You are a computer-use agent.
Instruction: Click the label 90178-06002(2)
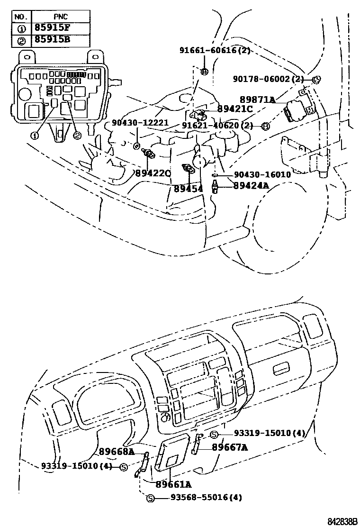point(268,79)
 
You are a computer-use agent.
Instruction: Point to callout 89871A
point(257,100)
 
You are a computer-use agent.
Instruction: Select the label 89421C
point(235,109)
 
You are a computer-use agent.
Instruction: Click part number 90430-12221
point(140,123)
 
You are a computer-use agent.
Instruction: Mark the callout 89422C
point(153,173)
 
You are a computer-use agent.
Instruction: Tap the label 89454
point(188,189)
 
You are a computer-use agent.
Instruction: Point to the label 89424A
point(251,185)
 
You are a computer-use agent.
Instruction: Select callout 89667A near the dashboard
point(230,447)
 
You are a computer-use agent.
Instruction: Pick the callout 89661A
point(173,484)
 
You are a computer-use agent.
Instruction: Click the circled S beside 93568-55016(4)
point(150,498)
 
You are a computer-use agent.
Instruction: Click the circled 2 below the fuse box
point(77,136)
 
